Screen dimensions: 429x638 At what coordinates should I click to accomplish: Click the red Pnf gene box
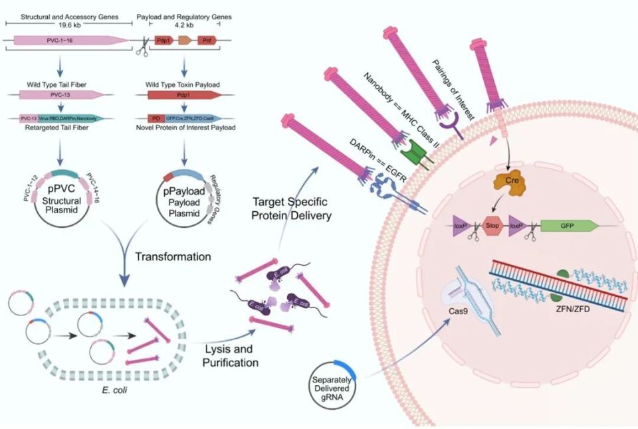tap(207, 41)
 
